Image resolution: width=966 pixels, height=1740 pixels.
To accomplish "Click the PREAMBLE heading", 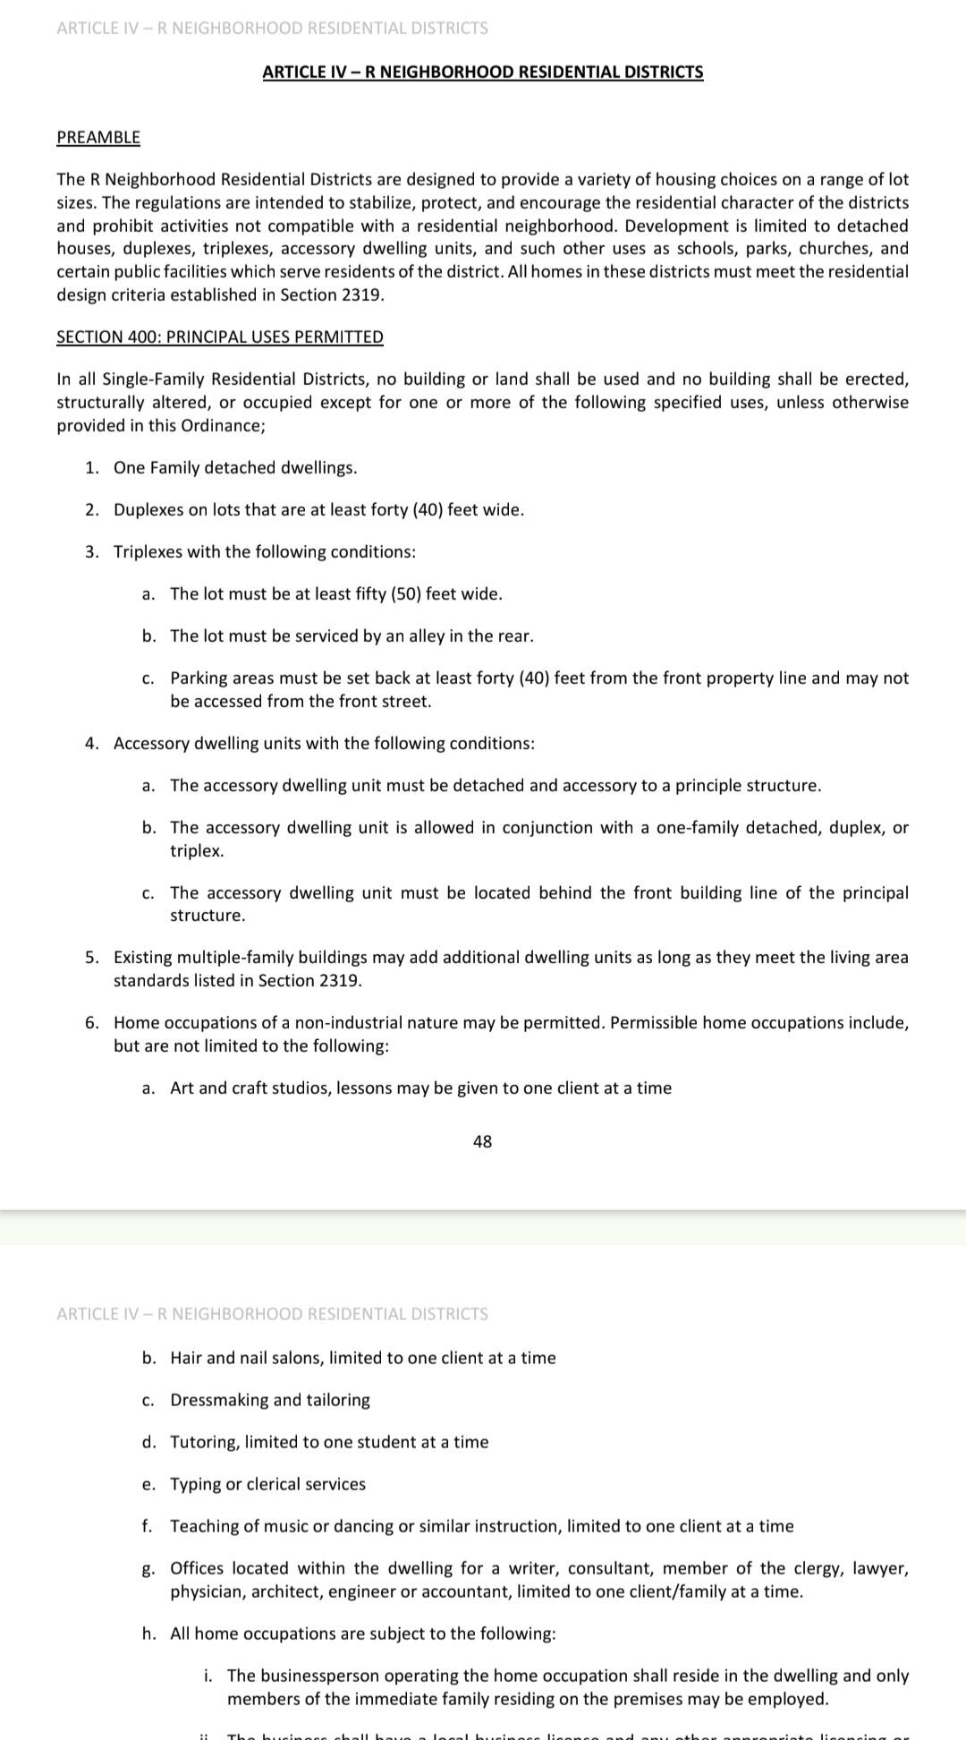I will (x=98, y=137).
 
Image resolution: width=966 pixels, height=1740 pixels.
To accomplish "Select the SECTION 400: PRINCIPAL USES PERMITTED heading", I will (x=219, y=337).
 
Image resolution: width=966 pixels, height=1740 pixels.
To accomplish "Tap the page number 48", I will (x=482, y=1141).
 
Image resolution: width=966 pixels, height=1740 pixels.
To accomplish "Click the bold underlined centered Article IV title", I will (x=482, y=72).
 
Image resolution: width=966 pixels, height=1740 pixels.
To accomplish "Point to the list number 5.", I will (x=92, y=958).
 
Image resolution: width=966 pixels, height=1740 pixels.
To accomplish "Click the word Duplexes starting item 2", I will (x=148, y=509).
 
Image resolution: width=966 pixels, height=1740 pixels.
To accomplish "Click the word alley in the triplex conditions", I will (x=430, y=635).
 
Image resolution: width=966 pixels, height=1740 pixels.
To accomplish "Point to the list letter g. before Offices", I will (x=148, y=1569).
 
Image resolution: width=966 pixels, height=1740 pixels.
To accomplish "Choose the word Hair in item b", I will (x=185, y=1358).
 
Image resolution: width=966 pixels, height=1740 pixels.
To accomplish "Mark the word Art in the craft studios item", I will (x=182, y=1087).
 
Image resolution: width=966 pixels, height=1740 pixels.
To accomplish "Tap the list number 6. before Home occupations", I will (x=92, y=1022).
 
